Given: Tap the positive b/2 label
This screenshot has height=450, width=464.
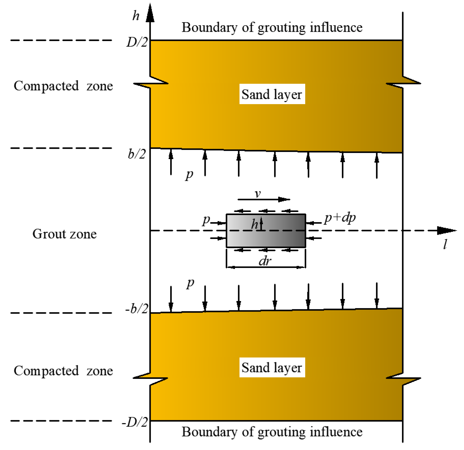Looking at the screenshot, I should click(137, 154).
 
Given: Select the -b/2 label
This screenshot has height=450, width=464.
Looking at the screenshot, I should click(137, 308).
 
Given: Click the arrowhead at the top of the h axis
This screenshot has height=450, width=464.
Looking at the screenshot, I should click(150, 14).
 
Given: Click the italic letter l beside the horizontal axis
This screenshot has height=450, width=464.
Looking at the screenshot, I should click(445, 244).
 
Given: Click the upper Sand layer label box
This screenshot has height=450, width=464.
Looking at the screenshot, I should click(272, 94).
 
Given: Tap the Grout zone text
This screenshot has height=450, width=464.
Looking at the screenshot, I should click(65, 234).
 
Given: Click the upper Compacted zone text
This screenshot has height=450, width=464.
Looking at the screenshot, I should click(63, 86).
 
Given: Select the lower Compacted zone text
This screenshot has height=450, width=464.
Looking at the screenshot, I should click(63, 371).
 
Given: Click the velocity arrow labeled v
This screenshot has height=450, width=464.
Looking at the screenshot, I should click(264, 199).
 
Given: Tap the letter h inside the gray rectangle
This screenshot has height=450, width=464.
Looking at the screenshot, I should click(254, 224).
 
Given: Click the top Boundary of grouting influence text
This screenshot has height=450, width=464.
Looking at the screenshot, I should click(272, 27).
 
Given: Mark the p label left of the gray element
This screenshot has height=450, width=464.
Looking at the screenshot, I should click(206, 220).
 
